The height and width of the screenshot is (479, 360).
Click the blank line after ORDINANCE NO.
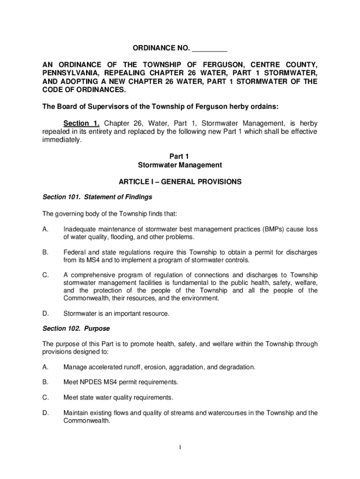(x=209, y=48)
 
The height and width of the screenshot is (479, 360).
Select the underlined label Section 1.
(x=82, y=123)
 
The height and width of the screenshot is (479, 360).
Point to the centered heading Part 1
(x=180, y=156)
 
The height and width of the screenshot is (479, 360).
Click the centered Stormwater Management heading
(x=180, y=165)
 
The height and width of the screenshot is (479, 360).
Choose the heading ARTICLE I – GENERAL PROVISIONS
(x=180, y=181)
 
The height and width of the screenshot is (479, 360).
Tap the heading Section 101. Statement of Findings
(x=97, y=197)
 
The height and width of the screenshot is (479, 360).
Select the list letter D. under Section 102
(x=45, y=413)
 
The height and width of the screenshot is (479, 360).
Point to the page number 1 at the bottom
(x=180, y=447)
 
